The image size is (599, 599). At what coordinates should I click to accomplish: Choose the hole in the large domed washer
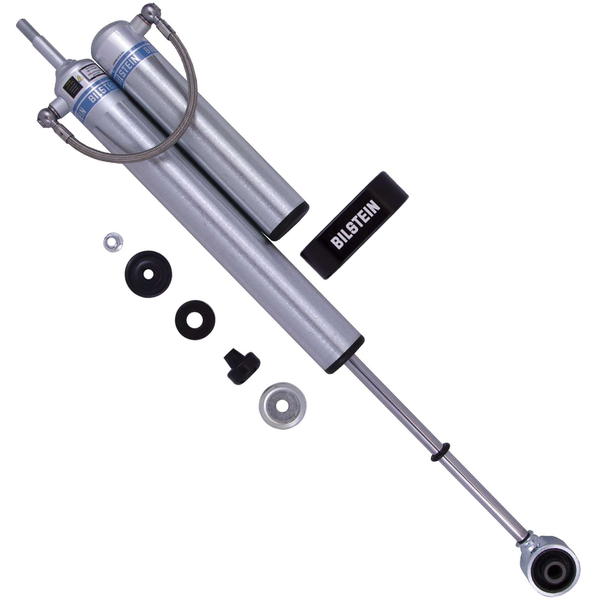coord(148,274)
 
